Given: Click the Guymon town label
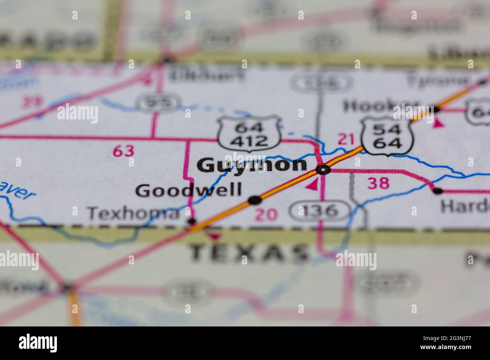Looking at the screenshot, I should (252, 165).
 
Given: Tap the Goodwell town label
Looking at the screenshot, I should (188, 191).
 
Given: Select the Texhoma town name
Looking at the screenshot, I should (133, 214).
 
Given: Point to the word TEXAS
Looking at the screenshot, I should (249, 253).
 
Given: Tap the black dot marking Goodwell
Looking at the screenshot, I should (255, 200).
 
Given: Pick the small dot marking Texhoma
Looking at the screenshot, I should (192, 221).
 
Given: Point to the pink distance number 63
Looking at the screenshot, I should (124, 151).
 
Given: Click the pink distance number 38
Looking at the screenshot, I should (378, 183).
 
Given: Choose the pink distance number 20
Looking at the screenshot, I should (266, 215).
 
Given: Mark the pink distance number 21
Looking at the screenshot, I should (346, 140).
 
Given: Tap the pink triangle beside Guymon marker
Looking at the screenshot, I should (312, 185).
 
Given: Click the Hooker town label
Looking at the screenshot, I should (381, 107).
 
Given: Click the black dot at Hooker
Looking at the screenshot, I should (436, 110).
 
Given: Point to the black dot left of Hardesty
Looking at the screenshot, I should (437, 191).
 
